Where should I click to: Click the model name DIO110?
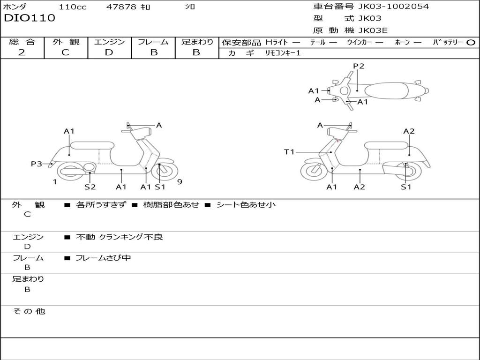point(30,18)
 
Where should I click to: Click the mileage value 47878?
point(121,7)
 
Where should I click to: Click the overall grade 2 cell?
point(22,52)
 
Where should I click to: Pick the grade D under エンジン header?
point(109,52)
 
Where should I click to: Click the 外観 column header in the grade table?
point(66,42)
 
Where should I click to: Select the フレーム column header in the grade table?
point(153,42)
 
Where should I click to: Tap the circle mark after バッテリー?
point(471,42)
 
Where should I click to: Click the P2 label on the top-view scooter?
point(359,66)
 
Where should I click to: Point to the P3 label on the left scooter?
point(37,164)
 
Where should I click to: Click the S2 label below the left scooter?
point(90,187)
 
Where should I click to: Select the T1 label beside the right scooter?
point(289,152)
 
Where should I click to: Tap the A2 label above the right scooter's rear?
point(409,131)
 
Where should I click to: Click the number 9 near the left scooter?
point(180,182)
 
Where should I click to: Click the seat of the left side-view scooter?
point(92,145)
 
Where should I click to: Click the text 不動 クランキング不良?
point(120,237)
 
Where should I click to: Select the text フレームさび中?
point(103,258)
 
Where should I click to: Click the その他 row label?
point(29,311)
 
